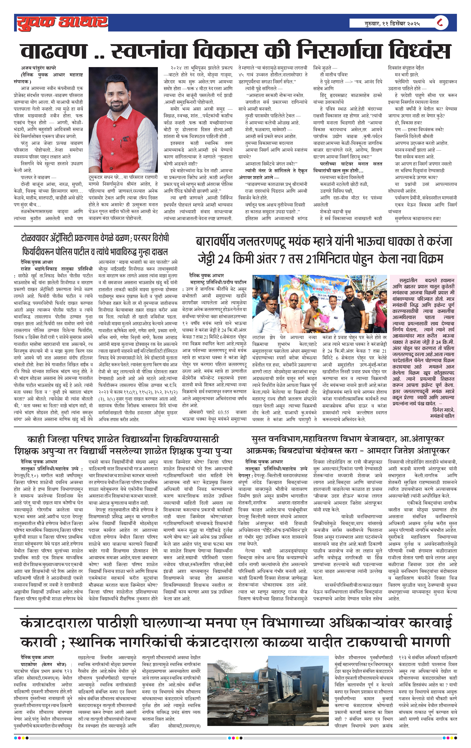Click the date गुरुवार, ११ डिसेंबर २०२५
coord(392,23)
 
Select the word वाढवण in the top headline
coord(53,51)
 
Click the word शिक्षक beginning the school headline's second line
coord(27,451)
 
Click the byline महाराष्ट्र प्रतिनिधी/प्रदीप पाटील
coord(218,282)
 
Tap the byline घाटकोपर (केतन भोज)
coord(43,664)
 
